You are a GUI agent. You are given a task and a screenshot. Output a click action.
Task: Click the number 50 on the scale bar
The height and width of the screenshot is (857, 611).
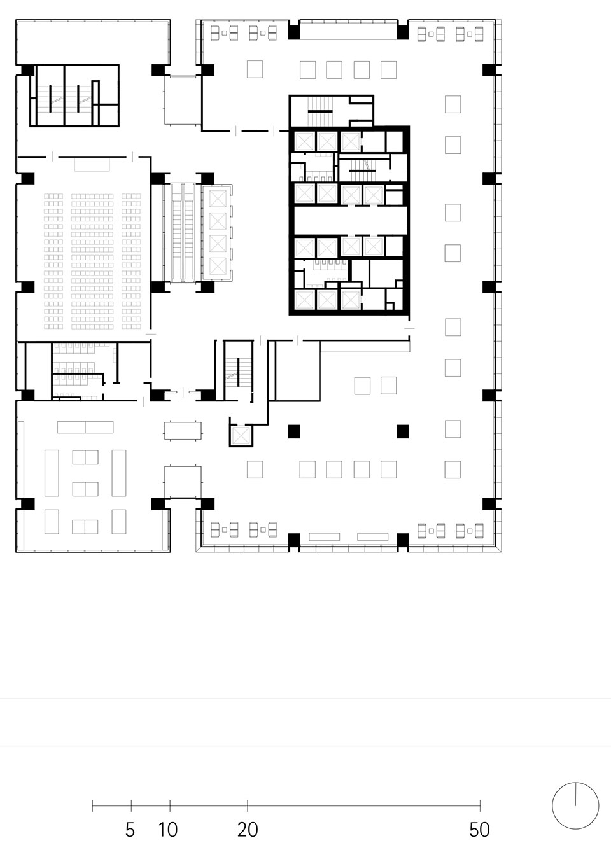click(479, 829)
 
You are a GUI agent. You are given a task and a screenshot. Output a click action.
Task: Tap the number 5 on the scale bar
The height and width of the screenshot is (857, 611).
click(130, 829)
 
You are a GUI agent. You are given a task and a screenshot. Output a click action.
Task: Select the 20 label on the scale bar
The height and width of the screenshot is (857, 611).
click(248, 829)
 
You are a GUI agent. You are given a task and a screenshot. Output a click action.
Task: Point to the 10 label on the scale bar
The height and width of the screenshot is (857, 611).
click(168, 829)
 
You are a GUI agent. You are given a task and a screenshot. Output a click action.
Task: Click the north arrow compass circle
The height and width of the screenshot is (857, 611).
click(575, 805)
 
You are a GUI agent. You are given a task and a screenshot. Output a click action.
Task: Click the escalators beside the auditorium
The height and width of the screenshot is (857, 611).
click(182, 232)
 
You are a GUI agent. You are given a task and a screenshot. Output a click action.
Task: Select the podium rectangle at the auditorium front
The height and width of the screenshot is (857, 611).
click(92, 164)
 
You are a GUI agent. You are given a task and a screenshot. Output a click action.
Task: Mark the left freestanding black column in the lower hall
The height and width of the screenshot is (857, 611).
click(293, 431)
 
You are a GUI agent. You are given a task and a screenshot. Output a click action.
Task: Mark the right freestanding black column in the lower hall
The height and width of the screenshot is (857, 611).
click(402, 431)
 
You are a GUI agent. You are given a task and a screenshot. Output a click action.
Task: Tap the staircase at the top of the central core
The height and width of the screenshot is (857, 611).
click(316, 111)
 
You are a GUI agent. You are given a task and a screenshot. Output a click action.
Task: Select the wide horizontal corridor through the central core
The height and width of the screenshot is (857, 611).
click(349, 221)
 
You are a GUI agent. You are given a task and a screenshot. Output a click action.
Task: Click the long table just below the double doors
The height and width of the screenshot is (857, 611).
click(183, 431)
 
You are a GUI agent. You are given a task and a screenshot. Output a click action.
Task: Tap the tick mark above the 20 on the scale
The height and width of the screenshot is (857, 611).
click(248, 805)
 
